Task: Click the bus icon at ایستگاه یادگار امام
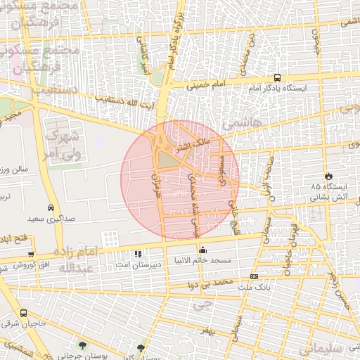[x=278, y=78]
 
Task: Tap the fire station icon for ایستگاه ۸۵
[x=328, y=176]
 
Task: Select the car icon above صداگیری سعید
[x=51, y=208]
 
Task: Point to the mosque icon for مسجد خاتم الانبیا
[x=203, y=249]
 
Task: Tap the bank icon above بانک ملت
[x=253, y=277]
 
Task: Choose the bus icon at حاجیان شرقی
[x=24, y=314]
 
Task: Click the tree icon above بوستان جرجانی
[x=83, y=345]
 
